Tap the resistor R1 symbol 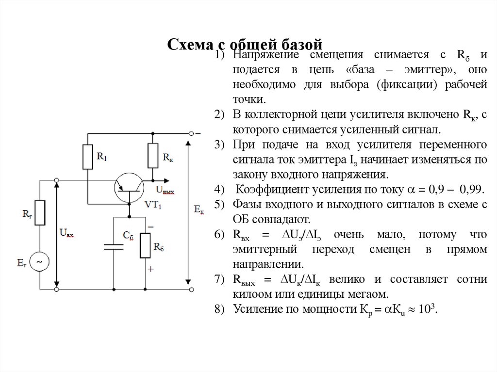pos(88,156)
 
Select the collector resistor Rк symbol pos(153,155)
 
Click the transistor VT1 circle pos(129,187)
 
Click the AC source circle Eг pos(40,262)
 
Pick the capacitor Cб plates pos(114,247)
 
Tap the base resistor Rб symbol pos(146,245)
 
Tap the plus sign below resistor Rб pos(151,269)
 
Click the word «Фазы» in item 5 pos(246,204)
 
